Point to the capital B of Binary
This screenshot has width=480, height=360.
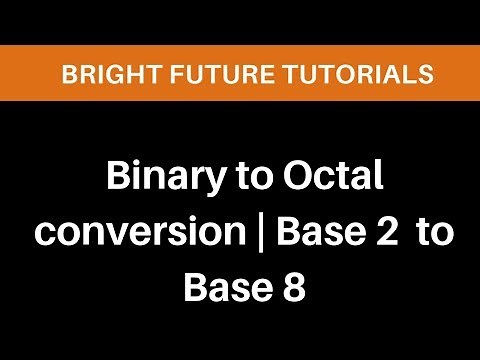(x=118, y=182)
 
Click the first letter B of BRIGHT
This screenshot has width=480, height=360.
(x=67, y=73)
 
